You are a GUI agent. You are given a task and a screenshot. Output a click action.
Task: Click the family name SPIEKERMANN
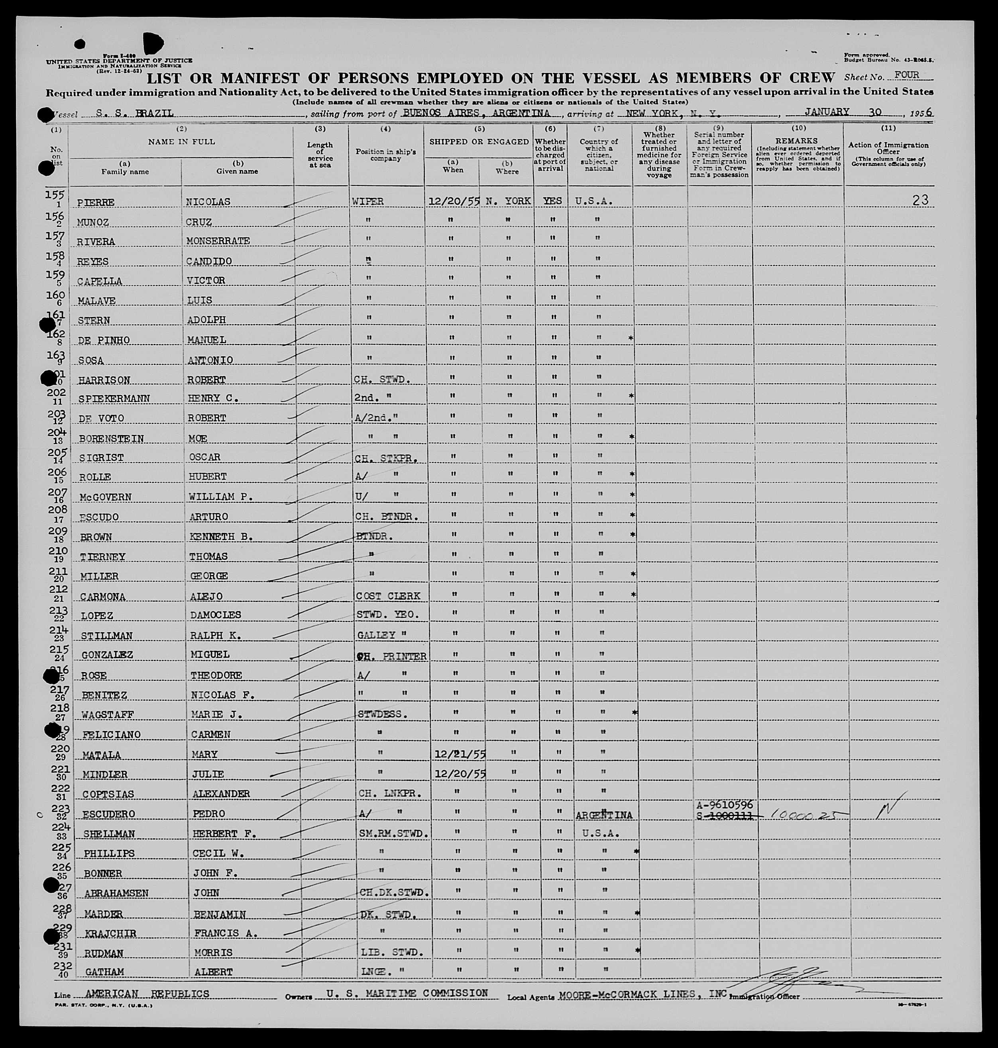click(114, 399)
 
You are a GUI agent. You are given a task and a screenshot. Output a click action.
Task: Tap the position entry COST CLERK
click(388, 596)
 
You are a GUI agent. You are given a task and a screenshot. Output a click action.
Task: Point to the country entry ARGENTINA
click(604, 815)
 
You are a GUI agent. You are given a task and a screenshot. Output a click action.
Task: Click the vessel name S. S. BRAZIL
click(135, 113)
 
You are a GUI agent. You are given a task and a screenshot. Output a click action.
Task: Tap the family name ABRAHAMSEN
click(116, 893)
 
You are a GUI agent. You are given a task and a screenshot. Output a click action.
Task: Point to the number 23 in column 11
click(920, 200)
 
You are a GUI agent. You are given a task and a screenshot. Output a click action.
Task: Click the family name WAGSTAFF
click(108, 714)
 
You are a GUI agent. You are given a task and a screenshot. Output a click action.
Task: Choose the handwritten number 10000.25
click(798, 815)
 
